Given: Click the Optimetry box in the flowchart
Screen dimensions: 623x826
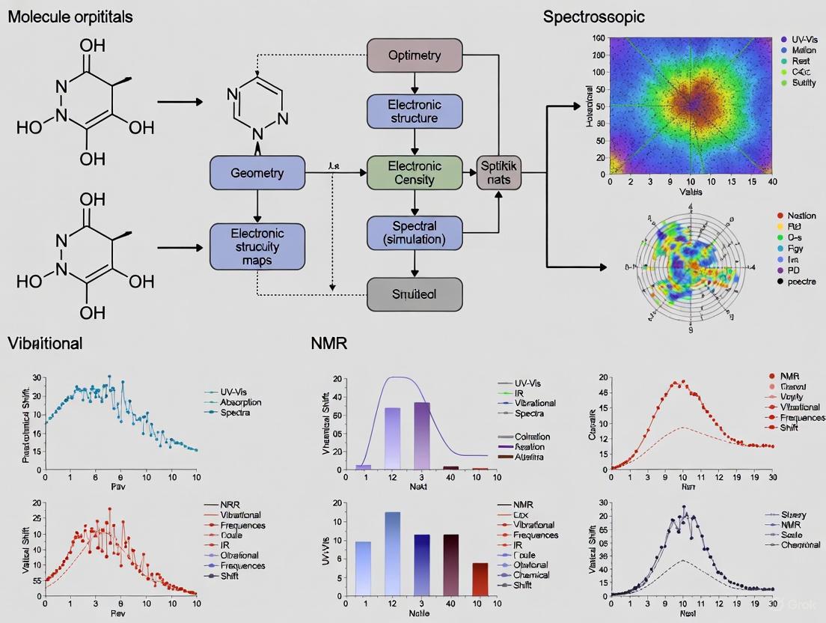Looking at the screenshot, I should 414,55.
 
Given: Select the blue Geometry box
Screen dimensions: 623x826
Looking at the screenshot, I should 257,173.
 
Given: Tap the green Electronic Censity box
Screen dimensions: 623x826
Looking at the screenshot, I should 414,173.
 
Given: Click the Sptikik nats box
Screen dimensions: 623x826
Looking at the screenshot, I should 499,173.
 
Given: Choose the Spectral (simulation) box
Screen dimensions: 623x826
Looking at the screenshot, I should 414,232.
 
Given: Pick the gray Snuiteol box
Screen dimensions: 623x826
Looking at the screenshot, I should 414,294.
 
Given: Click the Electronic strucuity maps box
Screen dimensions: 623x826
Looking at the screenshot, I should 257,246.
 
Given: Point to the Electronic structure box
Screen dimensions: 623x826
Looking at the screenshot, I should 414,111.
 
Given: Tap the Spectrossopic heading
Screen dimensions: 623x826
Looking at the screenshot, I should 593,16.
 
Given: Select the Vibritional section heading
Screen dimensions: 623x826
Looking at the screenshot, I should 45,343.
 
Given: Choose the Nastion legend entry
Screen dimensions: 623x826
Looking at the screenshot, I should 802,216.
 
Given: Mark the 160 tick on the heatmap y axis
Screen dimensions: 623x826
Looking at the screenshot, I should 599,37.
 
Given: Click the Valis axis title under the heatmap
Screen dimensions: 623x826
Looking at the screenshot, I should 691,192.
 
